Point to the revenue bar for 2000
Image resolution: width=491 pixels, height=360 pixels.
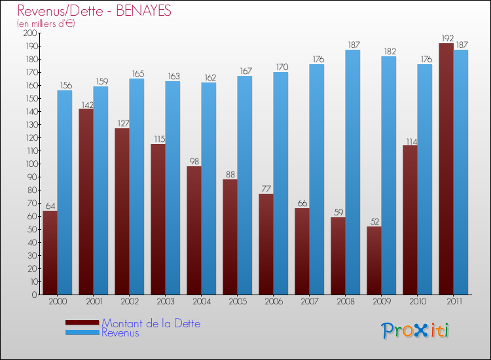[x=65, y=192]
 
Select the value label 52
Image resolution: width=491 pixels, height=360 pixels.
[x=374, y=221]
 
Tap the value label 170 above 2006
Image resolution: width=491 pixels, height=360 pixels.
[x=281, y=67]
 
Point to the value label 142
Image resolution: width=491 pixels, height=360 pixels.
[x=86, y=103]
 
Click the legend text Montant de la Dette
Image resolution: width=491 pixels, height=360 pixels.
[x=151, y=323]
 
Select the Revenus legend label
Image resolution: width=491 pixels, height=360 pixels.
[x=120, y=333]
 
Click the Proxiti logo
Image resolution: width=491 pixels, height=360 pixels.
[x=415, y=331]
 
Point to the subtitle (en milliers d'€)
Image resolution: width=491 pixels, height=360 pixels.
[x=46, y=24]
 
